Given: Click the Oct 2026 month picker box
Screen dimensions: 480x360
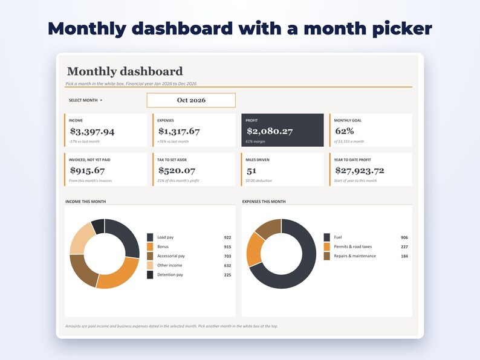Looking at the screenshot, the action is (191, 100).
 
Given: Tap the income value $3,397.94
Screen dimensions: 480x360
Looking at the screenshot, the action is (92, 132).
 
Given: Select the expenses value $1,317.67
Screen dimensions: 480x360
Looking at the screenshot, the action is (179, 132).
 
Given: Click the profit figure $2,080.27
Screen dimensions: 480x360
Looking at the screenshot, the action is (270, 132).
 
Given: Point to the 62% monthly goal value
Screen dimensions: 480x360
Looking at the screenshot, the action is (345, 131).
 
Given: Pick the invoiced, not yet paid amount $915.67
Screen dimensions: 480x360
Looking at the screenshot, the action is (87, 171).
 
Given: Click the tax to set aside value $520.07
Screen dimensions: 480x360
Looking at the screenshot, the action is (177, 171).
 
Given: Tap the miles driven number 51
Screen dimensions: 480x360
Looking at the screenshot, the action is (251, 171).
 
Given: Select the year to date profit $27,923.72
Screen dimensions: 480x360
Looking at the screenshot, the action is (359, 171).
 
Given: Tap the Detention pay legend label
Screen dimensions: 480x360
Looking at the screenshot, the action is (170, 275).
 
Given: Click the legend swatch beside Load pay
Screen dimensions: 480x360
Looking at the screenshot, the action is (150, 237).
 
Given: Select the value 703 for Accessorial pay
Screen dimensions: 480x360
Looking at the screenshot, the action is (227, 256).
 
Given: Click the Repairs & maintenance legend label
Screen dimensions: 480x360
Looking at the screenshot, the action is (355, 256).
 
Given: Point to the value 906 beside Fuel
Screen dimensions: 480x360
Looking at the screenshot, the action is (404, 237).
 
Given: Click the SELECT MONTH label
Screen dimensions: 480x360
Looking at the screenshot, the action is (83, 100).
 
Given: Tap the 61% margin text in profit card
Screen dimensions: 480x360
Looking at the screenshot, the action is (255, 141).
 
